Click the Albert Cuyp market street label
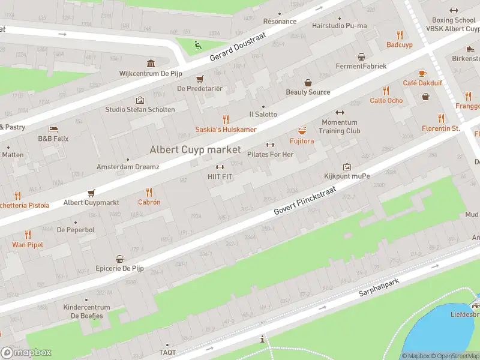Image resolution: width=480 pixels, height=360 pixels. (x=195, y=149)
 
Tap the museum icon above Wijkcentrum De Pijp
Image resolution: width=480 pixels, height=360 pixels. (x=151, y=64)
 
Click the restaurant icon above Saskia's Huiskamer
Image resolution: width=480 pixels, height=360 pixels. (x=226, y=119)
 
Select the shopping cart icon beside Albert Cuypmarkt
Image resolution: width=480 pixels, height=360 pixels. (x=91, y=193)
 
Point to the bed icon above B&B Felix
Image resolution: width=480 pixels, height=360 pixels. (x=53, y=129)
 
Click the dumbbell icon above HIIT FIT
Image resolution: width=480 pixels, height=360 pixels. (x=220, y=167)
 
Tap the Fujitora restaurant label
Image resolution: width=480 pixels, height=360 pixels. (x=302, y=141)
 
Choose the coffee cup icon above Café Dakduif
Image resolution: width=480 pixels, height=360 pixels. (x=422, y=73)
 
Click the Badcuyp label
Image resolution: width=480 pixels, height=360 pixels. (x=399, y=44)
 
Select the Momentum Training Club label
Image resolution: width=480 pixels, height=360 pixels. (x=340, y=127)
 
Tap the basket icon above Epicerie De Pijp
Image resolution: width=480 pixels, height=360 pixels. (x=120, y=259)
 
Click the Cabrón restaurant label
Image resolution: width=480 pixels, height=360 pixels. (x=149, y=202)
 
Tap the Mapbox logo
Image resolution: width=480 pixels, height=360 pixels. (x=26, y=352)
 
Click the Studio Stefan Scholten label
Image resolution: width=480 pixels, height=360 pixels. (x=140, y=109)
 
